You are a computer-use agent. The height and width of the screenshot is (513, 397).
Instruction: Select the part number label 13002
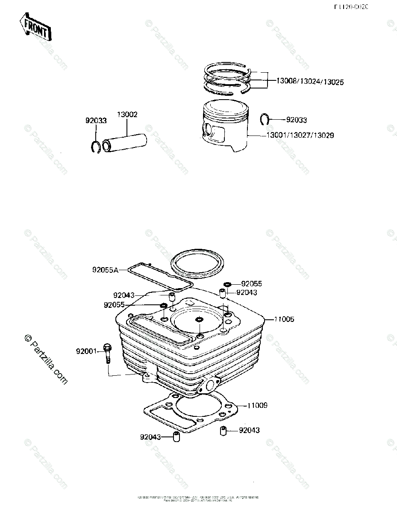click(127, 115)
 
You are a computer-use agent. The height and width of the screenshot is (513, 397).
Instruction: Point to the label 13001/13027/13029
click(300, 135)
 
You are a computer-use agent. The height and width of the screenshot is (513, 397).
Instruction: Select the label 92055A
click(105, 270)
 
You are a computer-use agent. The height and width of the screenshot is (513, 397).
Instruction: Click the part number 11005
click(284, 319)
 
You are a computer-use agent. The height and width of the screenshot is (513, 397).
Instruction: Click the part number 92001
click(87, 351)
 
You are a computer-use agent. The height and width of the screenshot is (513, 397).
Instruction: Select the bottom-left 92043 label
click(150, 436)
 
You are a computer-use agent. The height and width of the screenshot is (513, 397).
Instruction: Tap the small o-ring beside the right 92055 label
click(227, 284)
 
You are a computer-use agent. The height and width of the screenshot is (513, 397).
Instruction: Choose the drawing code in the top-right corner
click(351, 7)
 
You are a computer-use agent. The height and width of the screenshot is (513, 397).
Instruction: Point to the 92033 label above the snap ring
click(96, 121)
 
